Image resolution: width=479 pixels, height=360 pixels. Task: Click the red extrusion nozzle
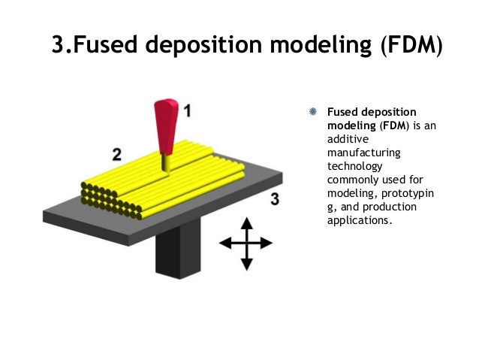pos(166,124)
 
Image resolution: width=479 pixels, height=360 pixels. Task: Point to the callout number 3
pos(275,198)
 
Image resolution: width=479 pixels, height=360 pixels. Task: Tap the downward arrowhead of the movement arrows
pos(246,264)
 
